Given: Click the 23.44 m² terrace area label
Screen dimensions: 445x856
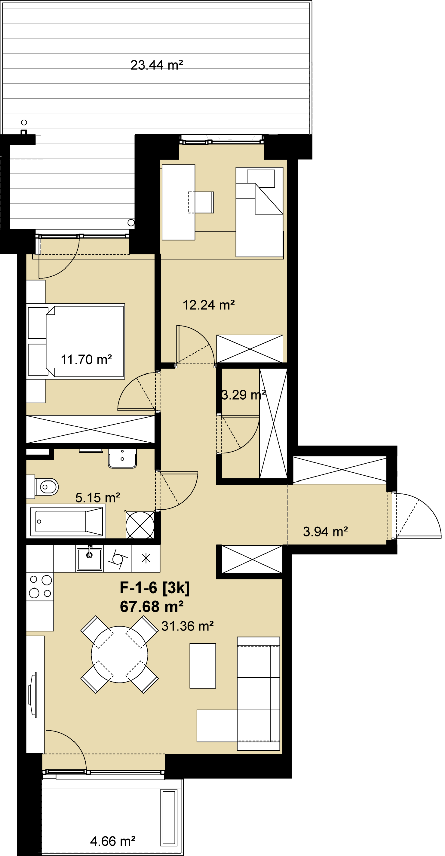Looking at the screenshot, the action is coord(156,65).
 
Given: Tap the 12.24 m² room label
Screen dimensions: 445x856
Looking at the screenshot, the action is coord(208,305).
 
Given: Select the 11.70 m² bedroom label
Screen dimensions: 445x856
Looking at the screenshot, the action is coord(86,360).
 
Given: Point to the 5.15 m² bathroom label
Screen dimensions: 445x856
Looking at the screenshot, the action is coord(98,498).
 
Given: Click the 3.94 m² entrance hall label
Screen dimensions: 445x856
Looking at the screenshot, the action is coord(325,532).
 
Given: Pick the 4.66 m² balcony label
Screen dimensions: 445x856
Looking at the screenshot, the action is coord(113,841).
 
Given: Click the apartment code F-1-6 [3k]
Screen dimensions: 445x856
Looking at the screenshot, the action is coord(154,588).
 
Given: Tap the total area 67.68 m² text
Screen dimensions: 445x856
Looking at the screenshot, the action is coord(152,607).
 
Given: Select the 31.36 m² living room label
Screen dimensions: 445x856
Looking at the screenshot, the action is coord(187,626).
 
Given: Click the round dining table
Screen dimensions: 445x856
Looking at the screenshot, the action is coord(119,654).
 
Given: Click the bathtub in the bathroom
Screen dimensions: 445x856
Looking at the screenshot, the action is coord(66,521).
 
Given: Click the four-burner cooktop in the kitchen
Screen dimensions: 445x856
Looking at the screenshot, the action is coord(40,586).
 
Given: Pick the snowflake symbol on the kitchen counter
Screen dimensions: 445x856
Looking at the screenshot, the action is coord(146,558).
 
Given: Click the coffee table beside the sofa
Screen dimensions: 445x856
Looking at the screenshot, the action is coord(203,666).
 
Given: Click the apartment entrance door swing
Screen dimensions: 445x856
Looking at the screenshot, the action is coord(418,515).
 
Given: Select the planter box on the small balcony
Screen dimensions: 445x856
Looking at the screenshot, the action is coord(169,817).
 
